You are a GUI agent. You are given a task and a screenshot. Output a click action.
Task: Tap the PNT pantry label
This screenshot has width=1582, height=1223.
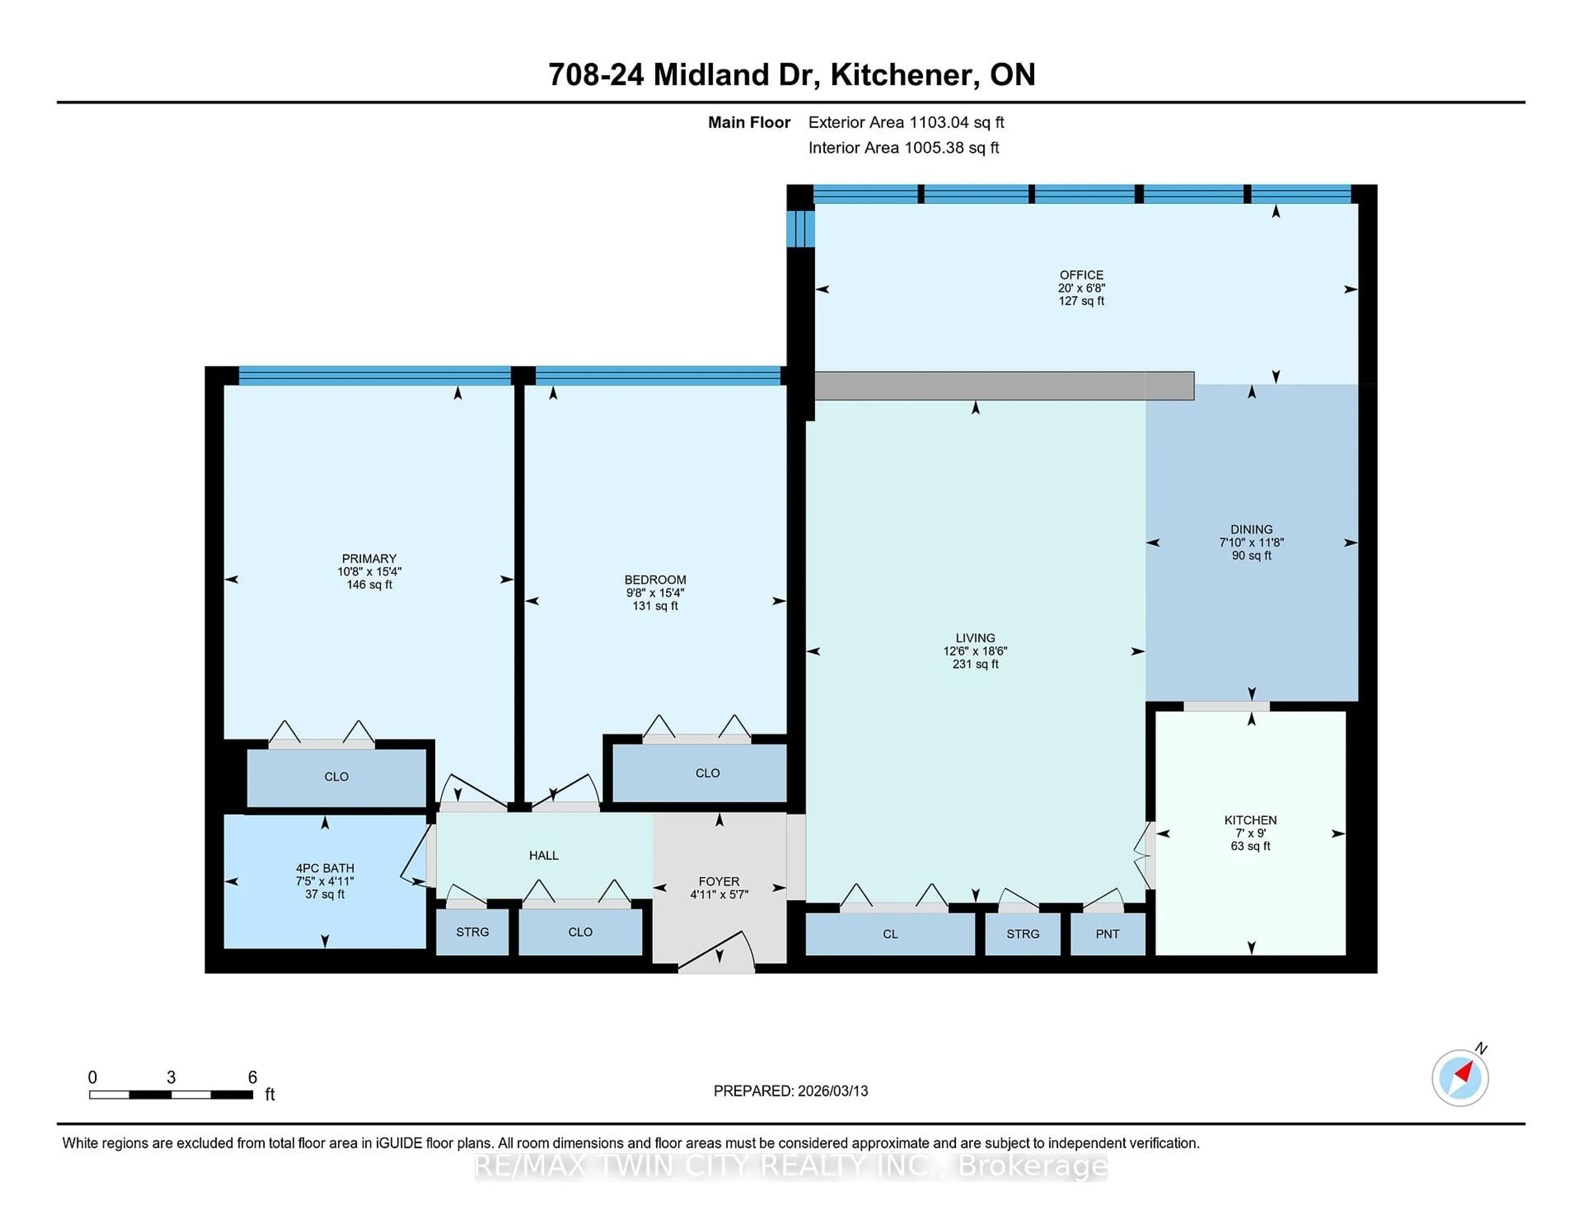[x=1107, y=934]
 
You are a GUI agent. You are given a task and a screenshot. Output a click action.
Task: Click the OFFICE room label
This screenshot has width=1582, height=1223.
[x=1081, y=275]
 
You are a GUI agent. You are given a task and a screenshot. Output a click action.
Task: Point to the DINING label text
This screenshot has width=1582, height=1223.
[x=1250, y=529]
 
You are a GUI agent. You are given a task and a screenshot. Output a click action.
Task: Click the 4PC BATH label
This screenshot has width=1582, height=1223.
[x=325, y=868]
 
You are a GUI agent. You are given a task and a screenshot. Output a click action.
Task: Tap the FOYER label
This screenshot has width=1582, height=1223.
[x=718, y=881]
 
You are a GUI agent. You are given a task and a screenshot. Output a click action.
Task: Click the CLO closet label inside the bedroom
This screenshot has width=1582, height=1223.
[x=707, y=773]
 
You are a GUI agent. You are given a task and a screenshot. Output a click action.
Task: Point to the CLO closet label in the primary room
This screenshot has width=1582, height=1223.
[x=336, y=777]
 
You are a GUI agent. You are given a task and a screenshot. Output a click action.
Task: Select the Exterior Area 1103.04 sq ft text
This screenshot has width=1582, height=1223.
[x=906, y=122]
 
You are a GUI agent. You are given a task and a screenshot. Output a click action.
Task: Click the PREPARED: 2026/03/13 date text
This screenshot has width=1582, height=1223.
[x=790, y=1091]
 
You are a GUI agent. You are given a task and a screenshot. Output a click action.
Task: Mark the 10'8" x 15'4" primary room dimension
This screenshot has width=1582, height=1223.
[x=369, y=572]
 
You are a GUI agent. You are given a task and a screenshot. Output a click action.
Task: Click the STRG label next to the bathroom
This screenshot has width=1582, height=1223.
[x=472, y=932]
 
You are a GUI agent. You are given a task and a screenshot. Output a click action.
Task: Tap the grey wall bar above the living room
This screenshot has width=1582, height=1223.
[x=1003, y=385]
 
